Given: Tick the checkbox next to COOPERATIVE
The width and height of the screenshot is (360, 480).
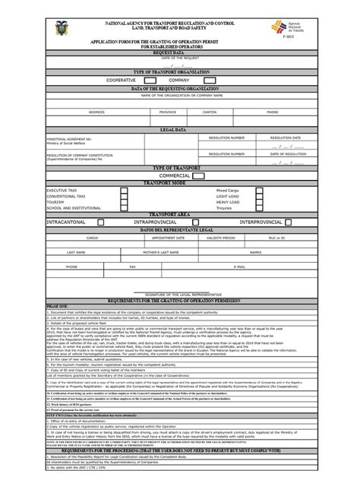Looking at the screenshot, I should tap(149, 79).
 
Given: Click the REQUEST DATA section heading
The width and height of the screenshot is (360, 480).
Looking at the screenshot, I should tap(180, 52).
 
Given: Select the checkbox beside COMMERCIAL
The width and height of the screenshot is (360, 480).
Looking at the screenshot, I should tap(198, 175).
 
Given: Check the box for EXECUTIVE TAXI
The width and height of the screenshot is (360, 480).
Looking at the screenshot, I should tap(123, 190).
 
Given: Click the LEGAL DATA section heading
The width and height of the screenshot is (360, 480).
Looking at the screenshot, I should tap(180, 130).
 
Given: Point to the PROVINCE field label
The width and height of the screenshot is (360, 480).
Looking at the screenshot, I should tap(166, 112).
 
